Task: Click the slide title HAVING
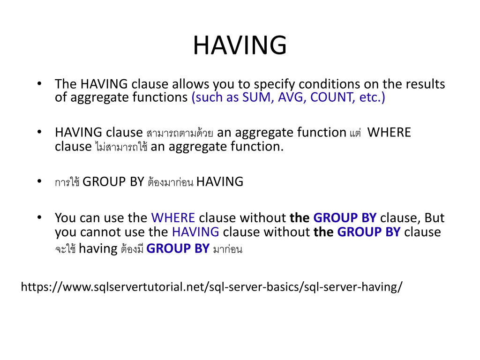tap(240, 45)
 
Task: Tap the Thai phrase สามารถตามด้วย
tap(180, 134)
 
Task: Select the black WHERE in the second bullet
tap(389, 133)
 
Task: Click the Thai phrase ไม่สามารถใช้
tap(121, 147)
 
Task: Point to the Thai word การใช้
tap(67, 182)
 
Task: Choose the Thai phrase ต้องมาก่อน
tap(170, 182)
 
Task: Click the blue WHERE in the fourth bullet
tap(173, 218)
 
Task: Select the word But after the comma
tap(435, 218)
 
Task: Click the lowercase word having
tap(98, 248)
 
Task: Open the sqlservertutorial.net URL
tap(211, 287)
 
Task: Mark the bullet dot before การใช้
tap(40, 181)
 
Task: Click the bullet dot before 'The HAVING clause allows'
tap(40, 84)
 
